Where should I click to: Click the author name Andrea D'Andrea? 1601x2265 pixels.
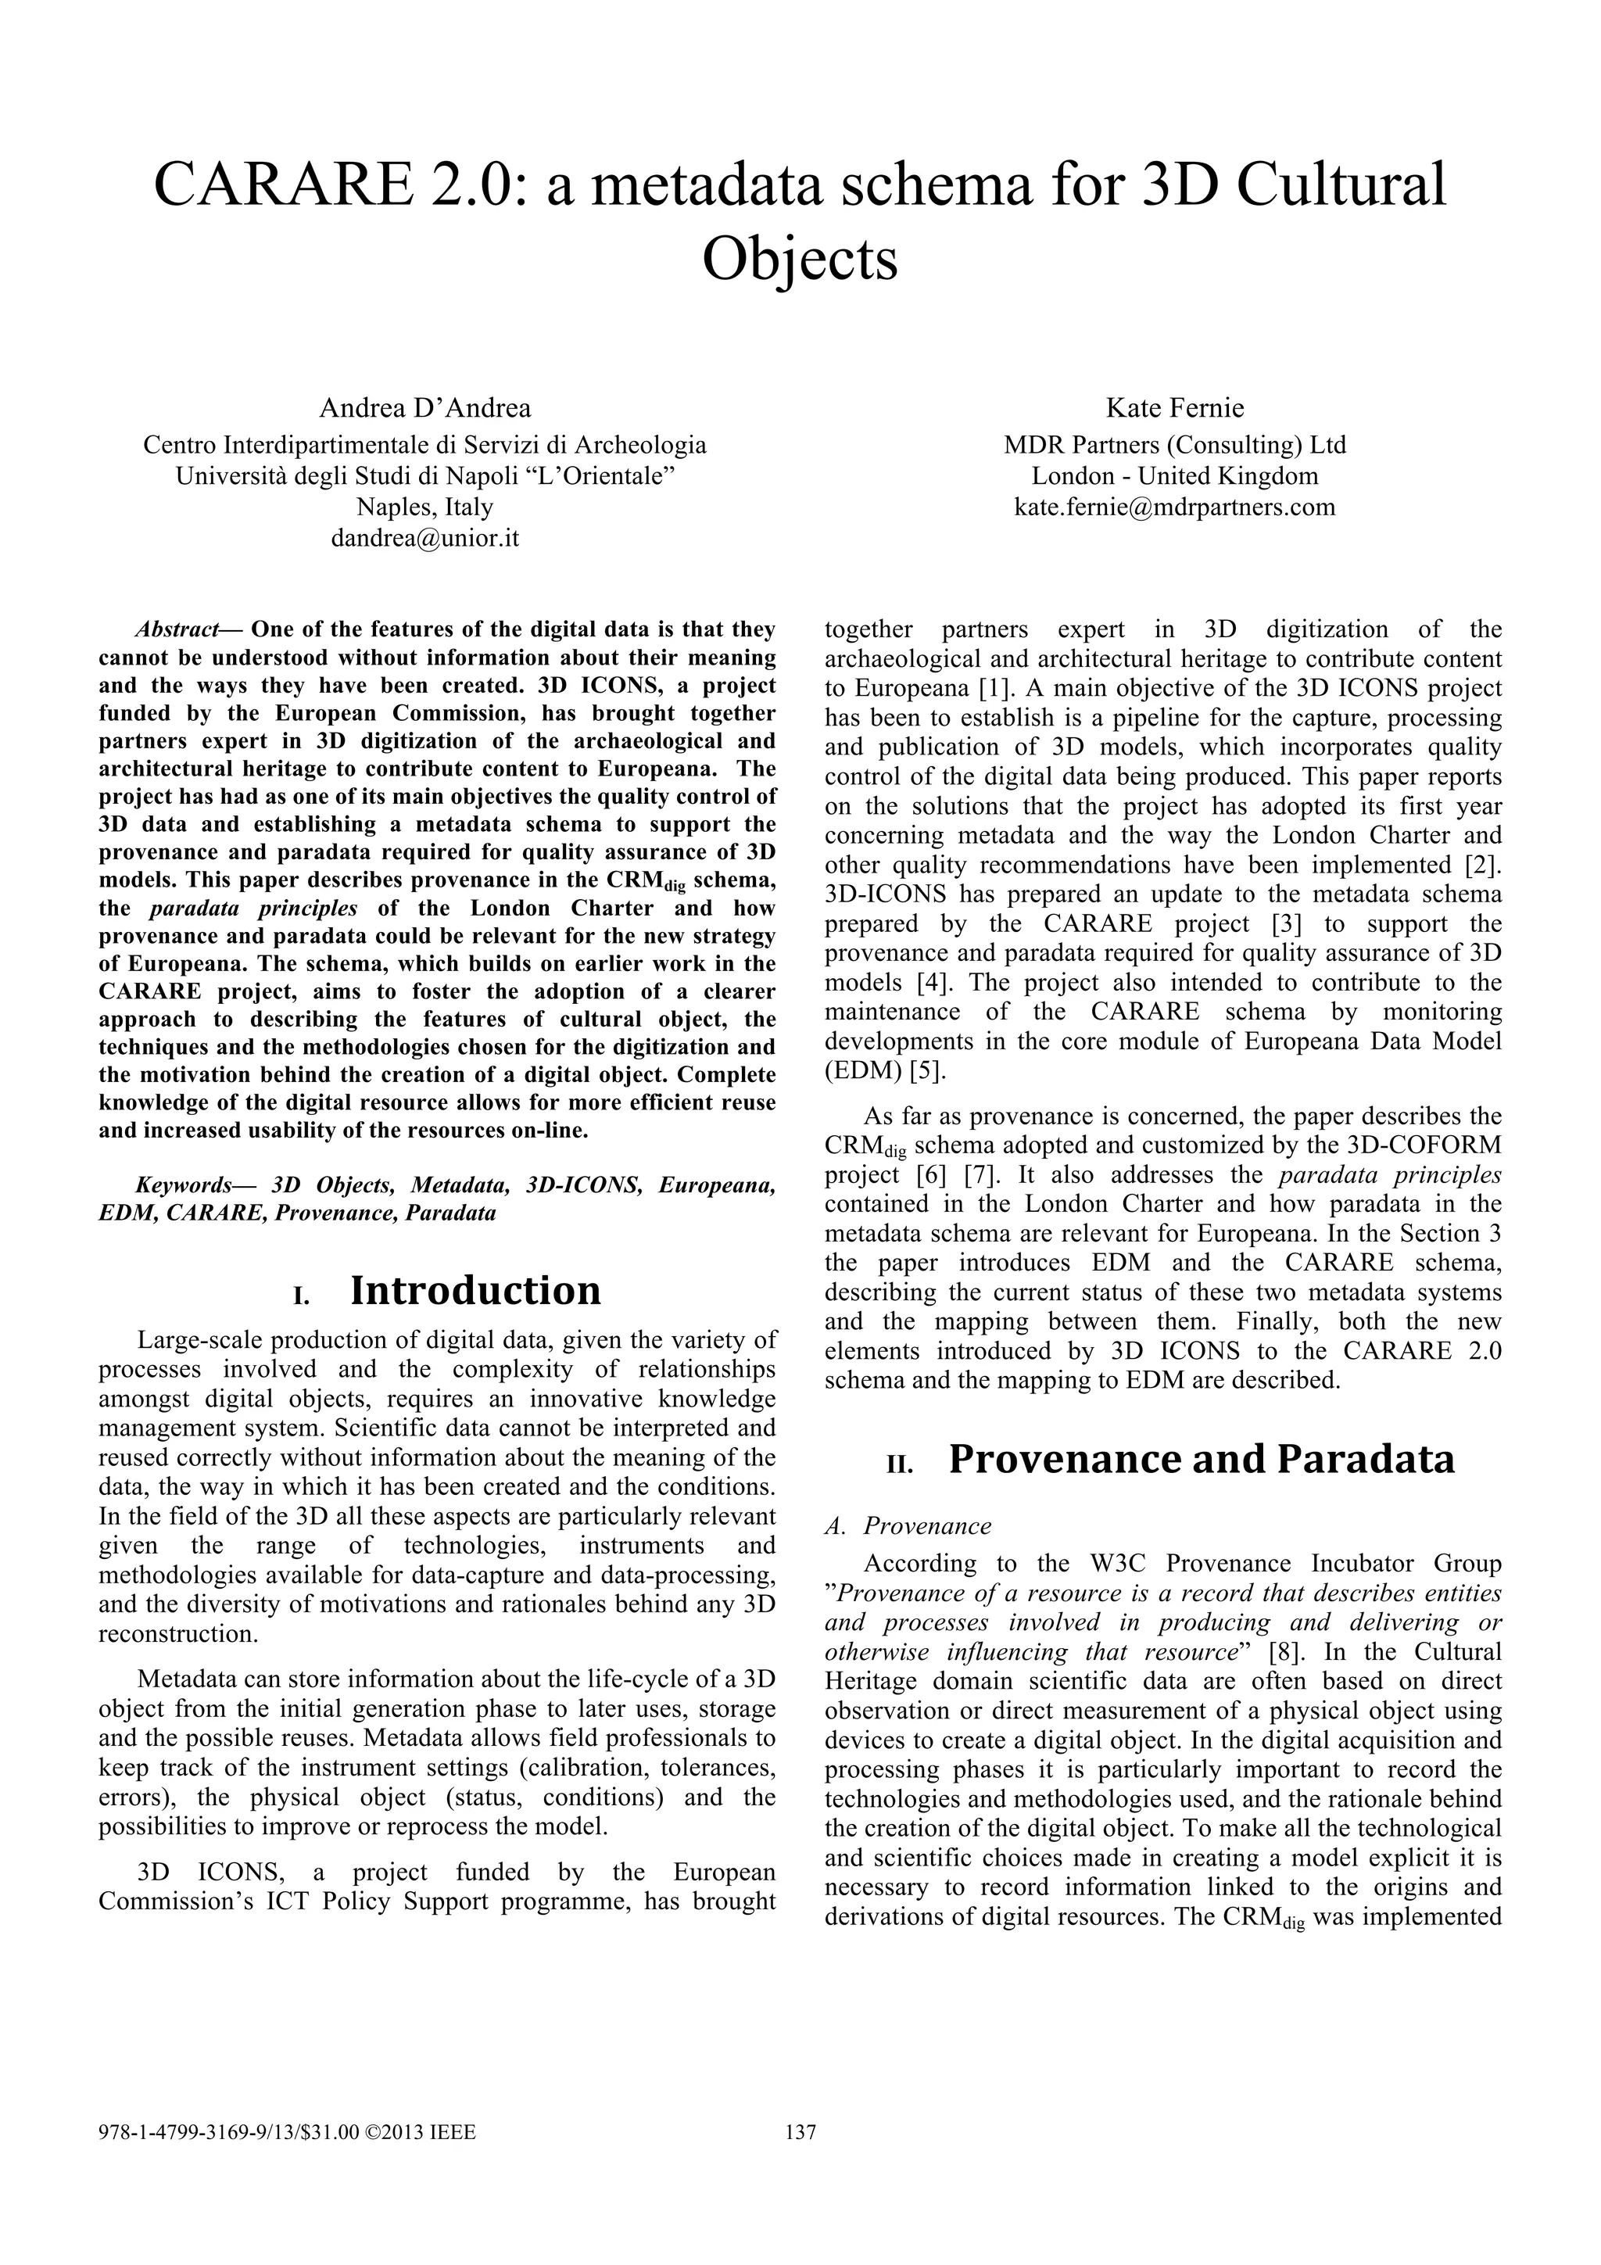coord(424,407)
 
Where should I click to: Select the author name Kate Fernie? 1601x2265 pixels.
coord(1174,407)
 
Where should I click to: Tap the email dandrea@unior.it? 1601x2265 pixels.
coord(424,539)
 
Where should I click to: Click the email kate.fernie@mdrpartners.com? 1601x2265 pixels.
coord(1174,507)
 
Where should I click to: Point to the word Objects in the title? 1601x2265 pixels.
coord(800,259)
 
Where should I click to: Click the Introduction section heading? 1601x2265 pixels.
coord(475,1289)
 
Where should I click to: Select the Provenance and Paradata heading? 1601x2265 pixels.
coord(1201,1458)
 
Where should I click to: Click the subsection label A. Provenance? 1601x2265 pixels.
coord(908,1526)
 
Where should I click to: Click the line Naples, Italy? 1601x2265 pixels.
coord(424,507)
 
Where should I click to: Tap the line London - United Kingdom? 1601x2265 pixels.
coord(1174,475)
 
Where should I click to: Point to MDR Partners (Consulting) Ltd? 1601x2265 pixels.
coord(1174,445)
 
